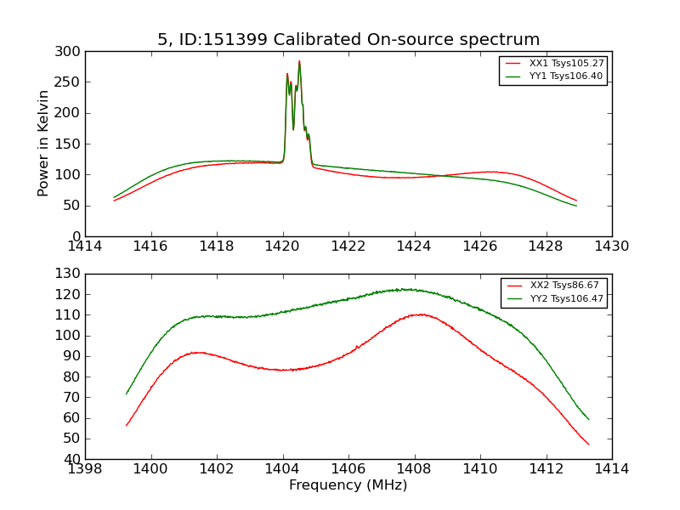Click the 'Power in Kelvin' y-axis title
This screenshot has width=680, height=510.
pos(43,144)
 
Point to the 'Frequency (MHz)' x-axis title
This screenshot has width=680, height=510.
pos(348,485)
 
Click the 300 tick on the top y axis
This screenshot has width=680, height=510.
pos(71,52)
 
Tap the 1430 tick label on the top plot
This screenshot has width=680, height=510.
pos(611,246)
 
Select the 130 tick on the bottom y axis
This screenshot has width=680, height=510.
pos(71,274)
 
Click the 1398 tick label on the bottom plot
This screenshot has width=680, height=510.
pos(86,469)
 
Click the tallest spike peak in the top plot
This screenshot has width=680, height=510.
pos(299,61)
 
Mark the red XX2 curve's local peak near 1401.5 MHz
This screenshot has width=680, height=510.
pos(197,352)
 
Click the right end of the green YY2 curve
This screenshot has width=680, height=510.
pos(588,419)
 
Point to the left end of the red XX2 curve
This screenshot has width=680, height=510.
pos(127,425)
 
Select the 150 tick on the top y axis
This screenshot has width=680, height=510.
pos(71,144)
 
